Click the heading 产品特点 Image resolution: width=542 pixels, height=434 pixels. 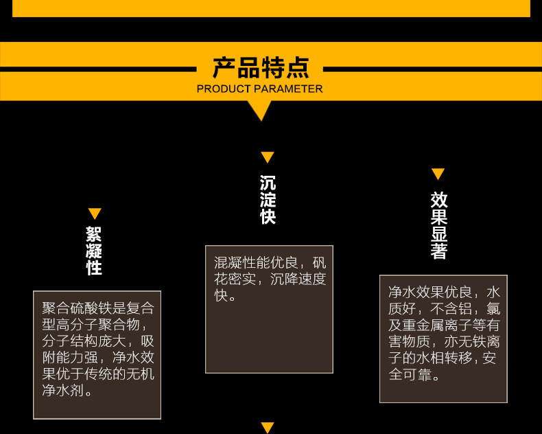[x=260, y=68]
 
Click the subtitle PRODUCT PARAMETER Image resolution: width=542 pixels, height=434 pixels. [x=259, y=89]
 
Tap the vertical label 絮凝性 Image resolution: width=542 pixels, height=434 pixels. [x=95, y=251]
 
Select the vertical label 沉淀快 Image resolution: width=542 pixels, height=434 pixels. [x=268, y=200]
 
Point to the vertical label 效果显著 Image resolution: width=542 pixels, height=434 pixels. [x=439, y=225]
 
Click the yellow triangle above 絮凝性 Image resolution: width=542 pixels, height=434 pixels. [x=95, y=214]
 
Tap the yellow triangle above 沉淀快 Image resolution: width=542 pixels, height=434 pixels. [x=268, y=157]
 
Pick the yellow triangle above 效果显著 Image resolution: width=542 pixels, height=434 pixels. [x=438, y=174]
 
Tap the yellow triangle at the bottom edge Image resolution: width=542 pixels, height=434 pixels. [x=268, y=428]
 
